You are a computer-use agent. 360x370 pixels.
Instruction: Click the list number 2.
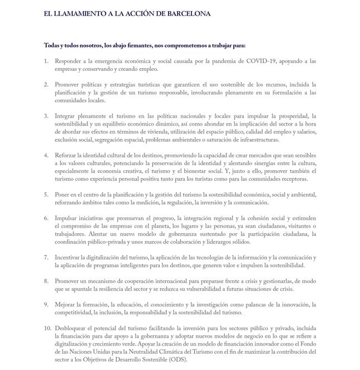point(46,85)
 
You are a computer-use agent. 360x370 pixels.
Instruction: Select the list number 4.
point(46,155)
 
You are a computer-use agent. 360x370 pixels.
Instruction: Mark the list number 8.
point(46,281)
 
